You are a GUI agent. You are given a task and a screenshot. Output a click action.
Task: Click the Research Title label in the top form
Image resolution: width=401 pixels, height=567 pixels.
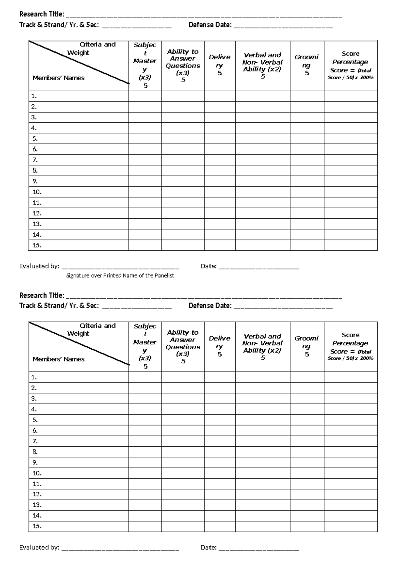42,14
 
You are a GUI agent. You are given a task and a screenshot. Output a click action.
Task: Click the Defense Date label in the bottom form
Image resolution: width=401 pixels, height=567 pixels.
210,306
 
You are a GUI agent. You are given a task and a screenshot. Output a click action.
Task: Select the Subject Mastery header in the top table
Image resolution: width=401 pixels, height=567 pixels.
145,65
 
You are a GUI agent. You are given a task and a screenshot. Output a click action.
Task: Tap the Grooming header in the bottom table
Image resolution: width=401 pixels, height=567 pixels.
306,346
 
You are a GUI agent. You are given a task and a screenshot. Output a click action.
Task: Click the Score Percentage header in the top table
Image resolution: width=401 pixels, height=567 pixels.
350,65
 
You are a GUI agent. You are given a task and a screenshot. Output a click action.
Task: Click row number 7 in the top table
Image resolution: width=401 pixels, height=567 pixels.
35,160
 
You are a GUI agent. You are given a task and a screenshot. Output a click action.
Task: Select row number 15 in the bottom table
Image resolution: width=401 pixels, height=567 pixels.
37,526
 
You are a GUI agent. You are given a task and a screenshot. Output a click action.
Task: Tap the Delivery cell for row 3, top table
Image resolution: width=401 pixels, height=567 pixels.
220,117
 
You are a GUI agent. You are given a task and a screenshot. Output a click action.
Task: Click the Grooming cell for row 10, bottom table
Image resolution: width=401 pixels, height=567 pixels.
307,473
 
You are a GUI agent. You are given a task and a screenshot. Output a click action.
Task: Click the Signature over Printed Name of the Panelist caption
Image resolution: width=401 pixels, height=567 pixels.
120,276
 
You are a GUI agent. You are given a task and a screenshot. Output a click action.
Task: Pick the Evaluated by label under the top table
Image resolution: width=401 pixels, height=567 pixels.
39,266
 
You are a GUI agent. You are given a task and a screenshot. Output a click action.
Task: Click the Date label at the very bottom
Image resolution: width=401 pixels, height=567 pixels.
209,547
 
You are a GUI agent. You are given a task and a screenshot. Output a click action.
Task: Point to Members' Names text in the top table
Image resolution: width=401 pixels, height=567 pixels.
58,78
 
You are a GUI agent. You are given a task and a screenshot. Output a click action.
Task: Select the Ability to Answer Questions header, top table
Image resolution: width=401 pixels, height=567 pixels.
183,65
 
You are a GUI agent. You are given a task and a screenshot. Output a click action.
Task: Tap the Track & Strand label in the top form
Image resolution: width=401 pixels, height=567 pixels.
59,25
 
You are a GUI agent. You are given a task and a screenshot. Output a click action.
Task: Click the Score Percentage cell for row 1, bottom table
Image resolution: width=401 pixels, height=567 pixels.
350,377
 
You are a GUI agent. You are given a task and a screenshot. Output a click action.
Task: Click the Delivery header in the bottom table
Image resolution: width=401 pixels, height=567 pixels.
220,346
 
